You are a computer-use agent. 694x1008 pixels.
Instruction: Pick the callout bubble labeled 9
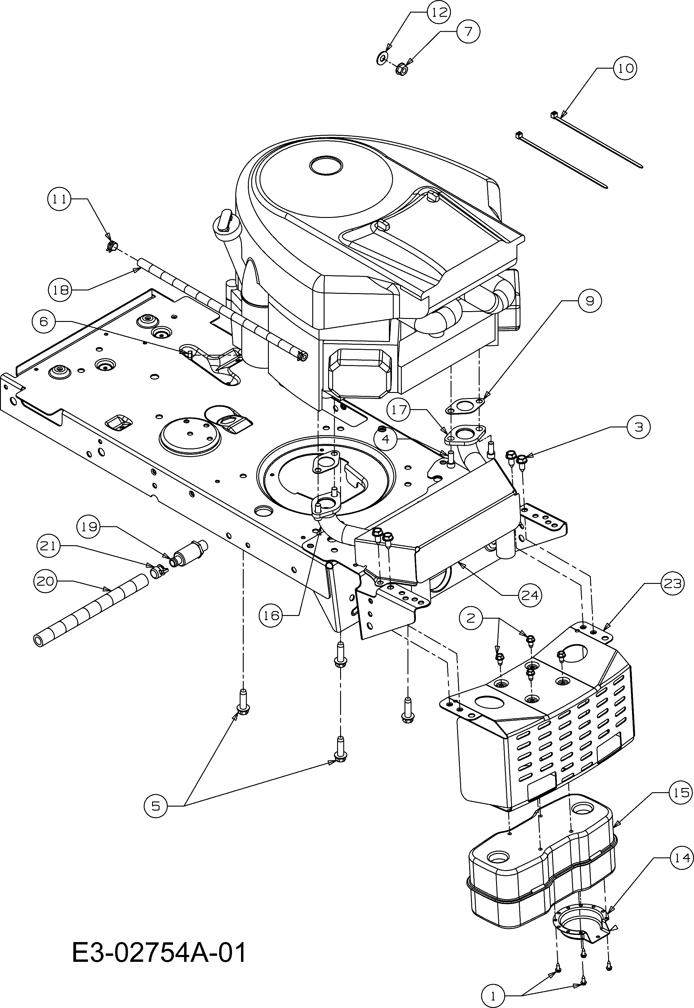tap(589, 300)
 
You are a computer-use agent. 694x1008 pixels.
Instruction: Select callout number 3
tap(638, 427)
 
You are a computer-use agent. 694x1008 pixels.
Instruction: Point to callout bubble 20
tap(45, 581)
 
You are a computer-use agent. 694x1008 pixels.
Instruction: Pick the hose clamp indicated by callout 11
tap(112, 246)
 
